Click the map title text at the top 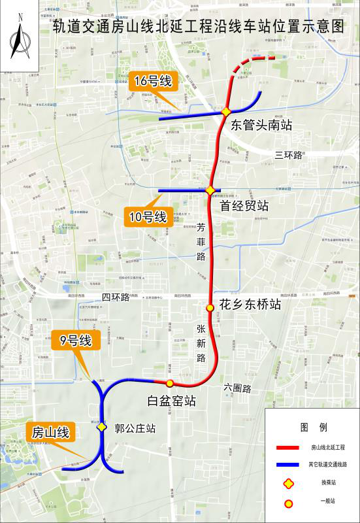pyautogui.click(x=198, y=27)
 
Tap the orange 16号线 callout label pyautogui.click(x=153, y=82)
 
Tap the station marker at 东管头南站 pyautogui.click(x=226, y=112)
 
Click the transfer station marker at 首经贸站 pyautogui.click(x=211, y=191)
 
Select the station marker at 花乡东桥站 pyautogui.click(x=210, y=307)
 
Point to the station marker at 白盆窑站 pyautogui.click(x=170, y=383)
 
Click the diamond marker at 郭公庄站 pyautogui.click(x=102, y=427)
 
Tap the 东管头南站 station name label pyautogui.click(x=261, y=126)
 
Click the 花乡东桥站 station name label pyautogui.click(x=250, y=304)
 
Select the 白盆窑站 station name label pyautogui.click(x=172, y=401)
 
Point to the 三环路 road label pyautogui.click(x=289, y=155)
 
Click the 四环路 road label pyautogui.click(x=116, y=298)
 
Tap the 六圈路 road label pyautogui.click(x=237, y=388)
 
